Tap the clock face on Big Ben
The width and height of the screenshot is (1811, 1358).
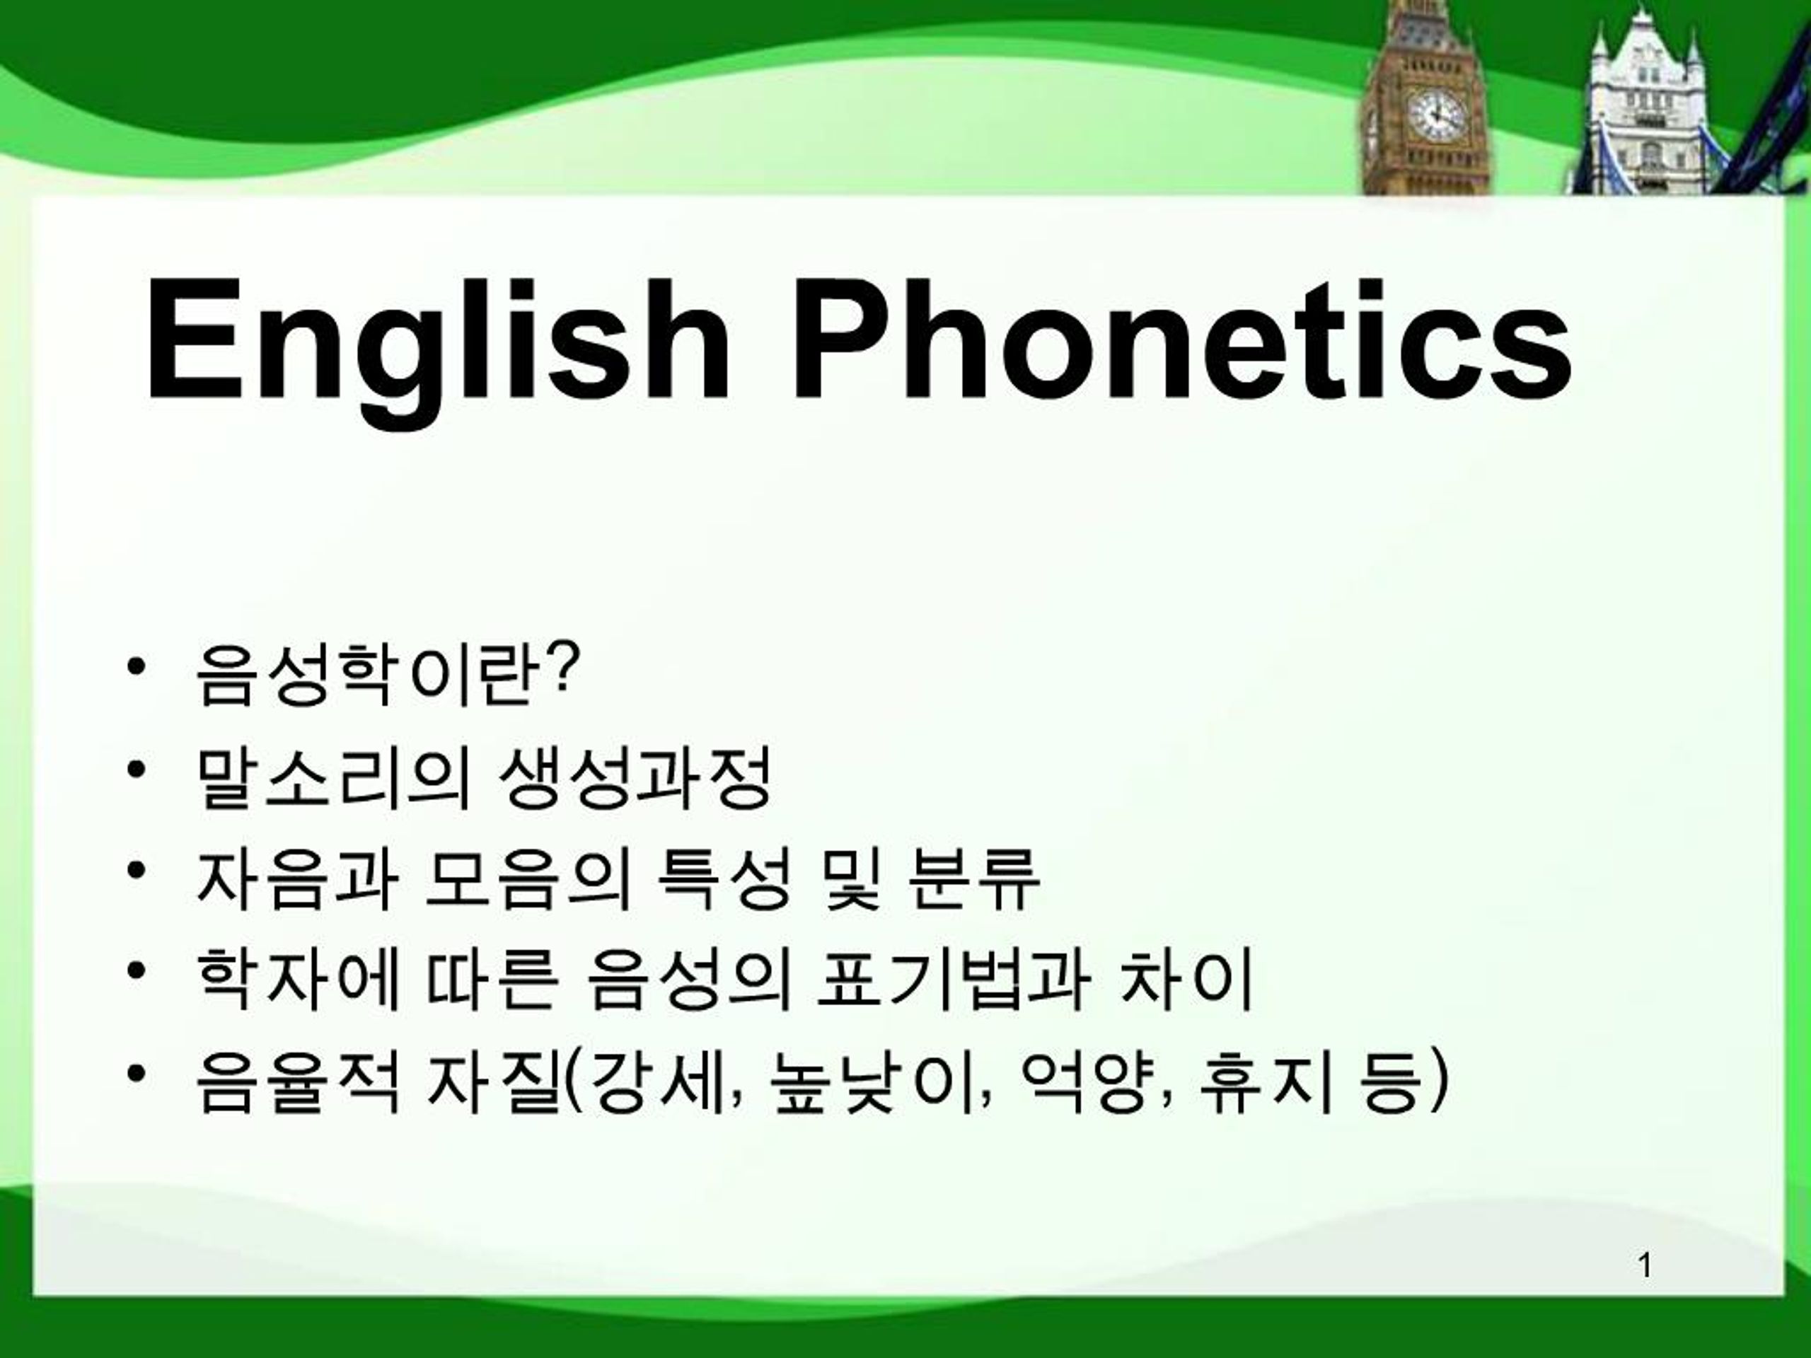[1435, 115]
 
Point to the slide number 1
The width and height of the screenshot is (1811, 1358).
[1645, 1265]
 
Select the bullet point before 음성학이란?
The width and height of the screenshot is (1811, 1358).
[137, 666]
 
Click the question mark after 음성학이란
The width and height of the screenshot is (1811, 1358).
[564, 667]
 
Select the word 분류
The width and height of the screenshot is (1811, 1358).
[973, 879]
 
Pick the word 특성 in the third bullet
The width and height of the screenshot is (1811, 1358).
[724, 879]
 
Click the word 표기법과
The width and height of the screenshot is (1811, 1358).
[954, 980]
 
